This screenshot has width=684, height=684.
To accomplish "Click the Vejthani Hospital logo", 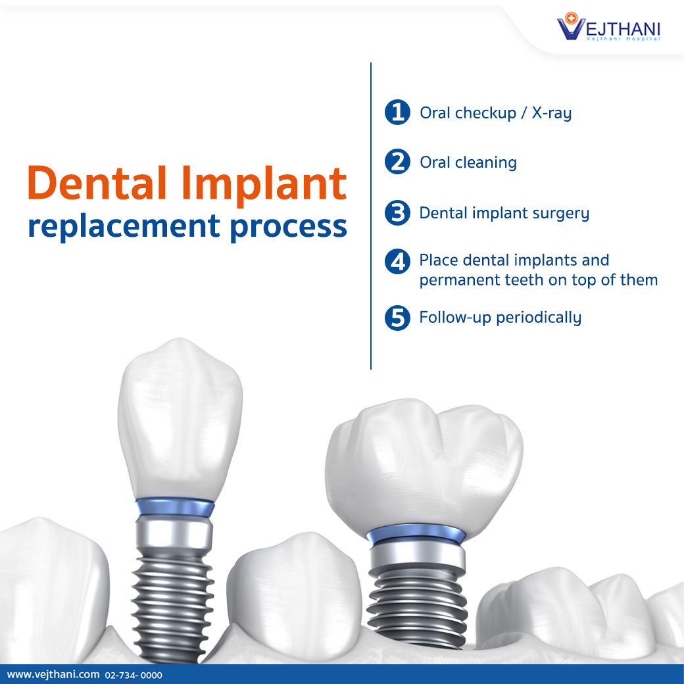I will [608, 28].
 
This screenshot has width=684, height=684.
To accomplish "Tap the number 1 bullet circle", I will [397, 112].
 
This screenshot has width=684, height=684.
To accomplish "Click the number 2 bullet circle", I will [397, 162].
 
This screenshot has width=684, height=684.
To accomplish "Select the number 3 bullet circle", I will [397, 213].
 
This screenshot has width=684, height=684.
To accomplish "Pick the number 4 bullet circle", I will [397, 262].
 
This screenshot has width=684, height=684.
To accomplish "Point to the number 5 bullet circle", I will [397, 318].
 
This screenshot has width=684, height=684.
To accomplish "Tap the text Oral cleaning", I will [468, 162].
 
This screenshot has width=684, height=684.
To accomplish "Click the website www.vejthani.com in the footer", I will [53, 675].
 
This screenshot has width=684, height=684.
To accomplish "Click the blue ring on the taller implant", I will [174, 506].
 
